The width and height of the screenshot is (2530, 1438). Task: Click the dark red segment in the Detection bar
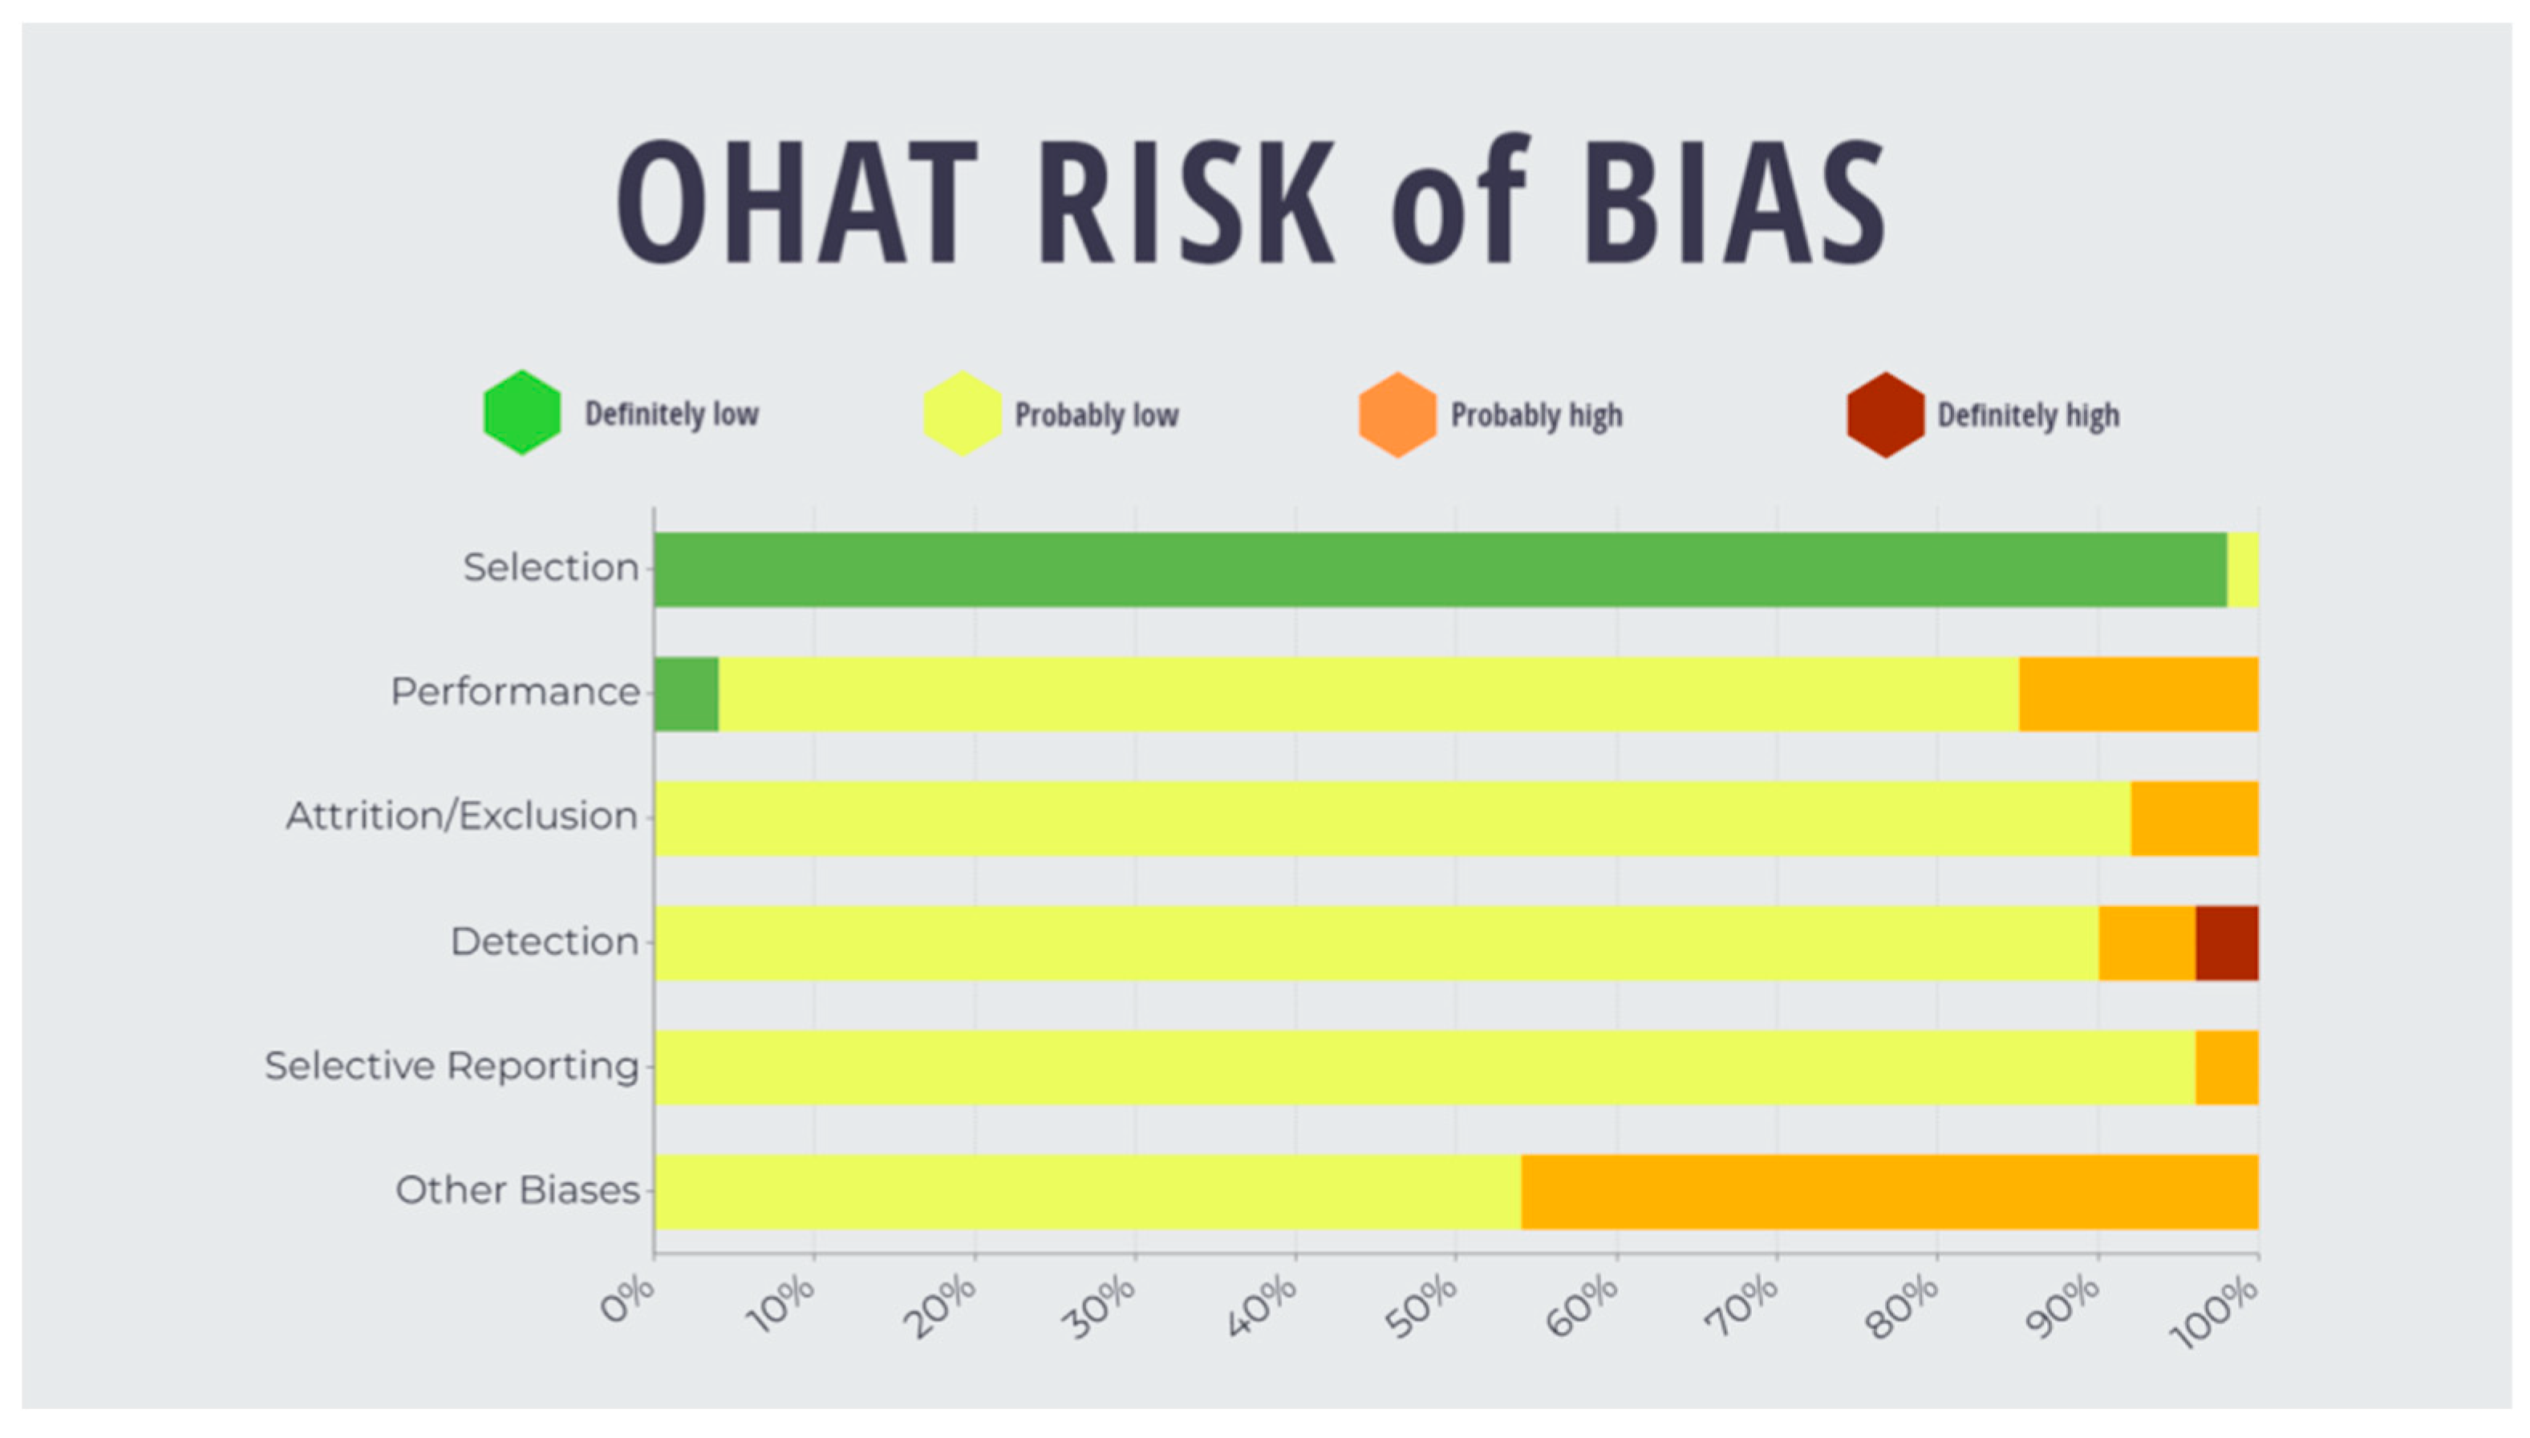2227,942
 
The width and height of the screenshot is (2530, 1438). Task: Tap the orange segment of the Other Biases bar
1889,1191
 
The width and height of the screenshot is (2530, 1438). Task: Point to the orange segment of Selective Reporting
2227,1067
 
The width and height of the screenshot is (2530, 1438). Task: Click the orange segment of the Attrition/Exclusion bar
2194,818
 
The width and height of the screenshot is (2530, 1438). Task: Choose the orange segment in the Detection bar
2148,942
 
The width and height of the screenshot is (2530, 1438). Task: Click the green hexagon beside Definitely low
522,412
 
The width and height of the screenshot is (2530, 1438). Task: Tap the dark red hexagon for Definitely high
1885,415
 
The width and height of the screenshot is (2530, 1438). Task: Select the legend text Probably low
1096,415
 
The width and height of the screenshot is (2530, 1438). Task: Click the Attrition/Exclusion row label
461,816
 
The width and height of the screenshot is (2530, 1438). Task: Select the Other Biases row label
517,1190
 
